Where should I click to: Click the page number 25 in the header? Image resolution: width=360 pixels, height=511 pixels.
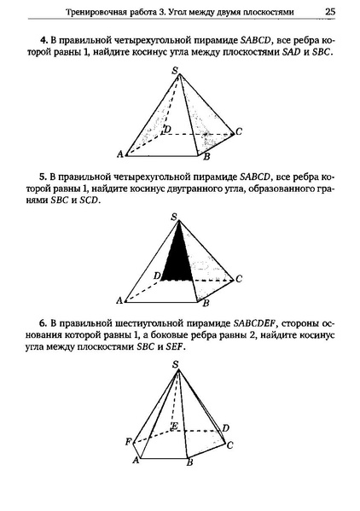[329, 11]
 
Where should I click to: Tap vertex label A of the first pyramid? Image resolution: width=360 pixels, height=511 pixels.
[119, 154]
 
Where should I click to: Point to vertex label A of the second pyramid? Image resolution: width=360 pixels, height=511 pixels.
[119, 301]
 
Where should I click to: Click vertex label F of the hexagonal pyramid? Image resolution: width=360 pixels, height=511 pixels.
[128, 441]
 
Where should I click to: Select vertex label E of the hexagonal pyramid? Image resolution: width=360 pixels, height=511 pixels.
[175, 426]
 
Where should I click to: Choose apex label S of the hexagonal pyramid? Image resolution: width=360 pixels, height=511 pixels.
[176, 365]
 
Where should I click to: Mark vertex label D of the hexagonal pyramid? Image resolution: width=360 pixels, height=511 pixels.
[224, 427]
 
